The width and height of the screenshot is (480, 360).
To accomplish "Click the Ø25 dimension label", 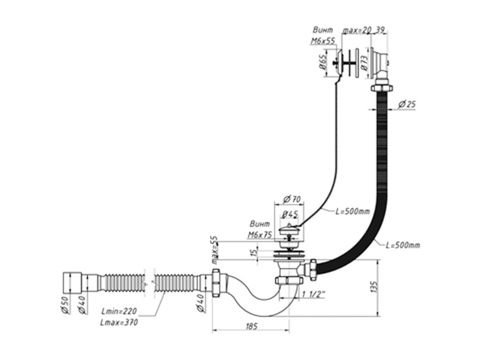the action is point(407,104).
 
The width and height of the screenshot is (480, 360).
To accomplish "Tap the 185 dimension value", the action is point(251,326).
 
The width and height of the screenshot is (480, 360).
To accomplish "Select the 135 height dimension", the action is point(374,287).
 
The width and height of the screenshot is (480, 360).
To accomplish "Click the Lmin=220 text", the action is point(119,311).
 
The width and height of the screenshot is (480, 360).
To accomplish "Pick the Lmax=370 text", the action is point(119,322).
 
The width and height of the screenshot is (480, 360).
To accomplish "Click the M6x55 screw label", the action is point(323,41).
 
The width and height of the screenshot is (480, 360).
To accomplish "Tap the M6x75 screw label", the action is point(260,235).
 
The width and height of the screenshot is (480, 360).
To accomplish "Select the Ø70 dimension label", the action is point(292,200).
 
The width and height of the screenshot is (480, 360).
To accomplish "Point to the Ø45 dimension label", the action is point(290,214).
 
